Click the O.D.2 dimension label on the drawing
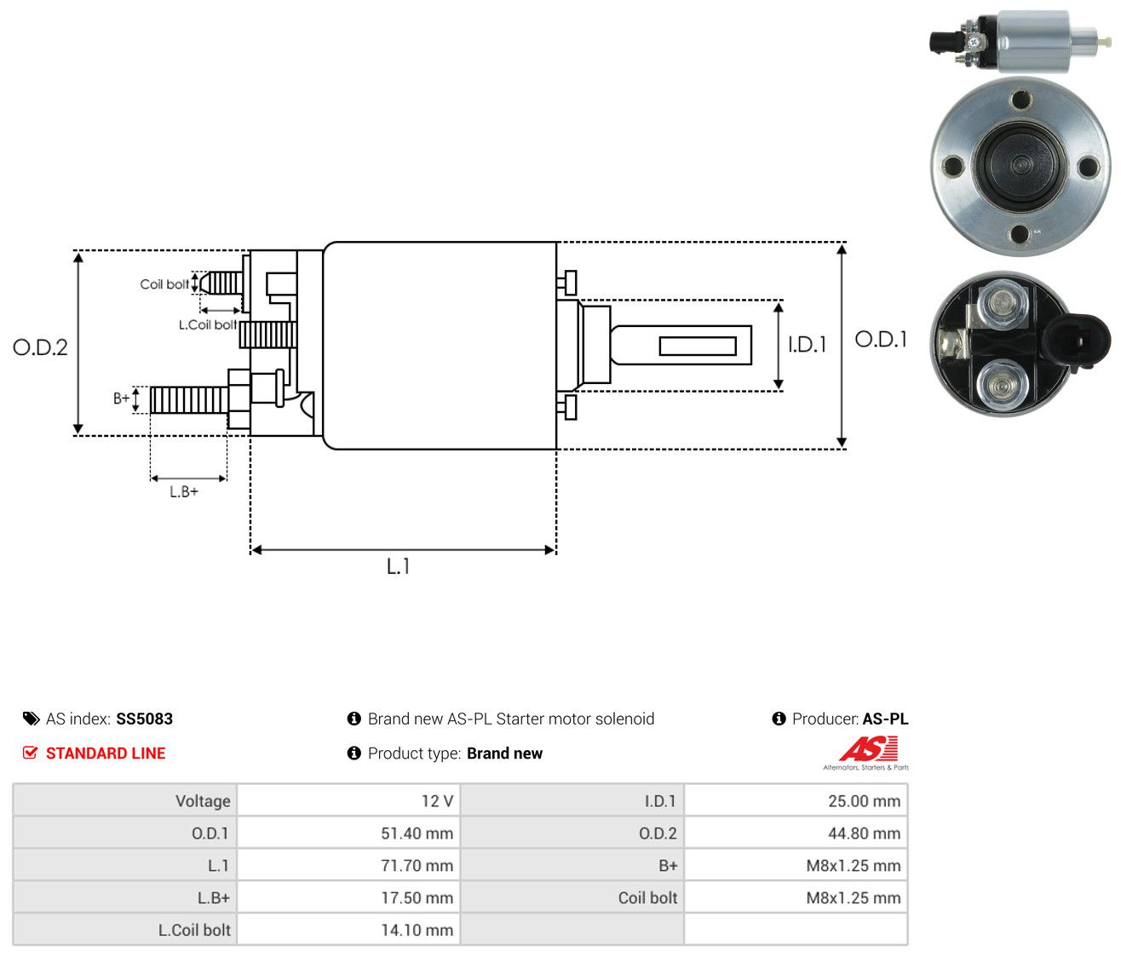tap(40, 347)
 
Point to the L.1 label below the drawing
tap(398, 566)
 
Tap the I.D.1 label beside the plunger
tap(807, 345)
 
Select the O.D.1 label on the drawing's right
tap(881, 340)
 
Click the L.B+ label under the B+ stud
tap(184, 492)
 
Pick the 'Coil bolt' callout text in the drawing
tap(164, 284)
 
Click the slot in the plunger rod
tap(698, 346)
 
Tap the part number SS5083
tap(144, 719)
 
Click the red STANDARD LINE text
tap(106, 754)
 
